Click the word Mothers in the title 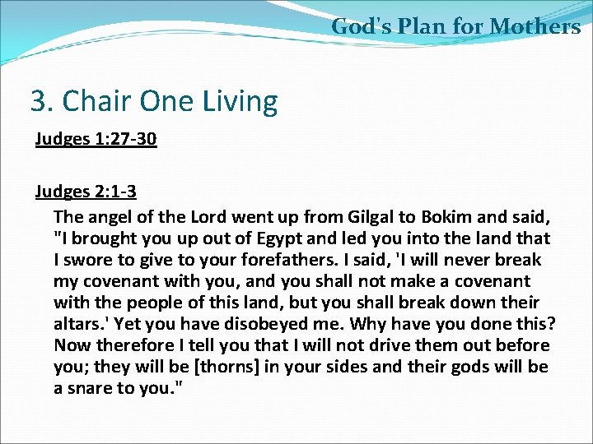click(x=535, y=26)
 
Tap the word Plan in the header click(x=419, y=26)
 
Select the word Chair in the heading click(x=93, y=102)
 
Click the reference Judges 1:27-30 click(x=96, y=138)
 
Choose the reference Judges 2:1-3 click(x=86, y=192)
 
